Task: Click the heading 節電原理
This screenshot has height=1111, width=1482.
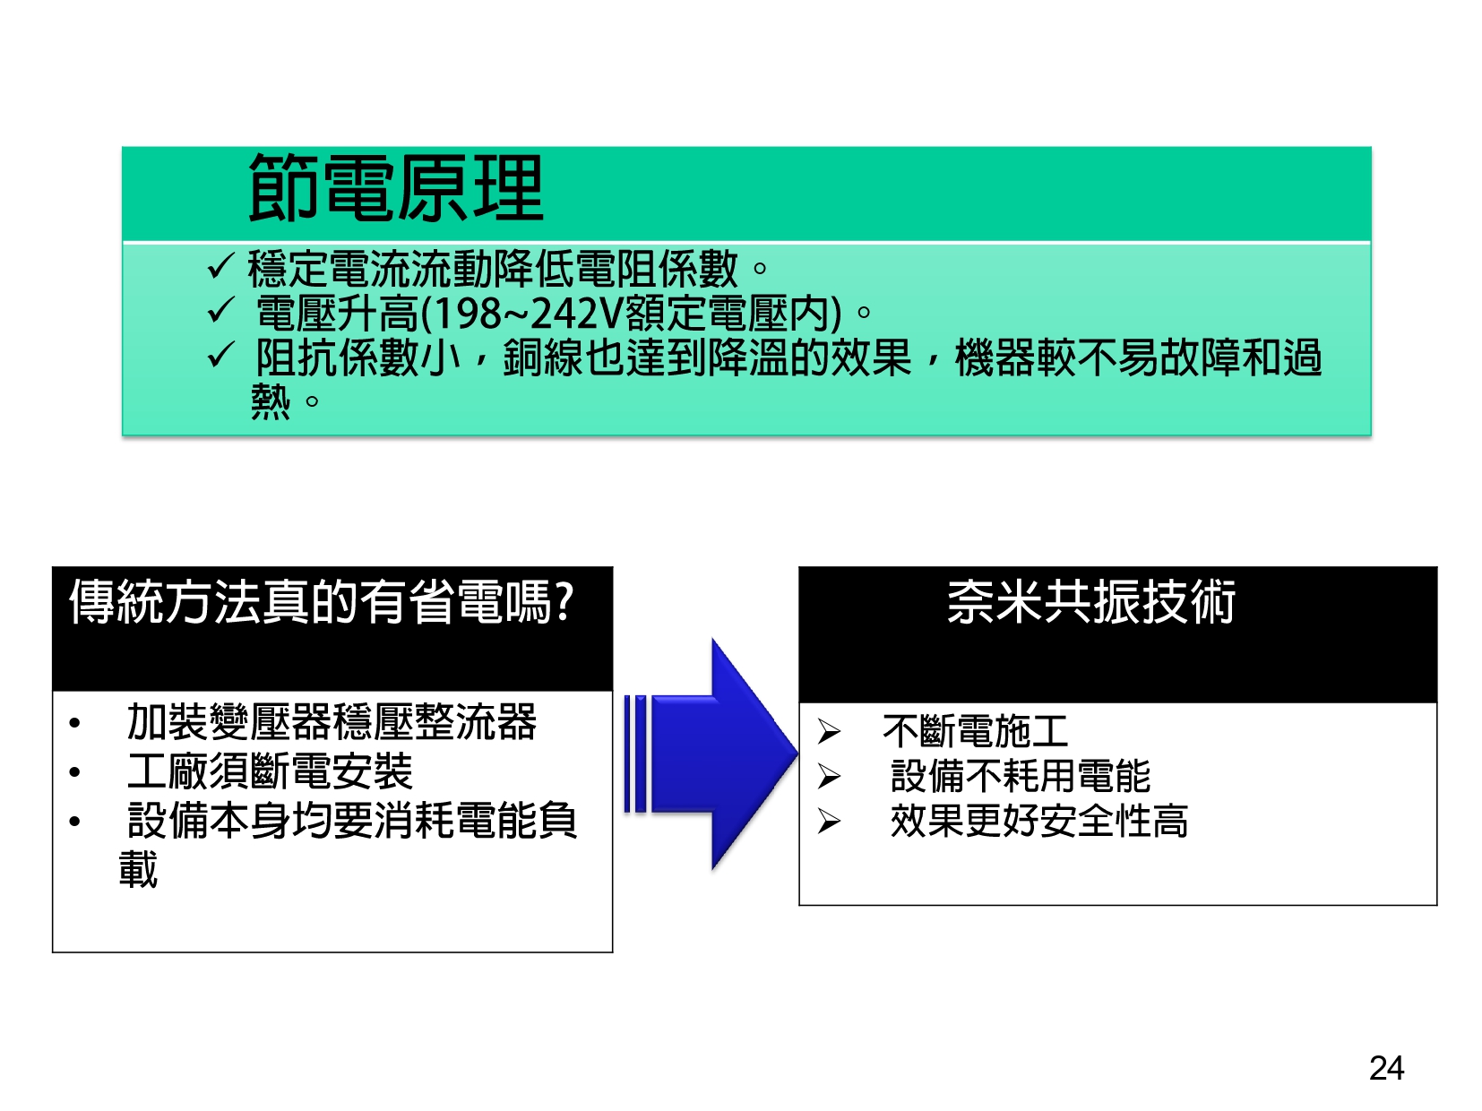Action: [x=396, y=187]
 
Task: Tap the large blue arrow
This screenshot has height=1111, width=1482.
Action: [x=711, y=754]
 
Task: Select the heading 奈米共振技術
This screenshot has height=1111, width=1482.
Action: [x=1091, y=602]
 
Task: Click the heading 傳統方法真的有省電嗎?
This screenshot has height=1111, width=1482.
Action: [x=322, y=602]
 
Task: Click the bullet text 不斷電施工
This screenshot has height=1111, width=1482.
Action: [x=975, y=732]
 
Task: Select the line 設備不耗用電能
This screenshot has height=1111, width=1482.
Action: [x=1021, y=776]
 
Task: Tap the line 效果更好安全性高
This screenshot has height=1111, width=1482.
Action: [x=1039, y=822]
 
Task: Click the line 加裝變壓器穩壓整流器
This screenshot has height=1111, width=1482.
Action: [x=332, y=722]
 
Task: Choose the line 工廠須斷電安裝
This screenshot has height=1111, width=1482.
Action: [x=270, y=771]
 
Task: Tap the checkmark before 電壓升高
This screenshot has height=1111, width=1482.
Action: [x=220, y=310]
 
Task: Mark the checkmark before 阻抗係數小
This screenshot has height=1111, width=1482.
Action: [x=220, y=355]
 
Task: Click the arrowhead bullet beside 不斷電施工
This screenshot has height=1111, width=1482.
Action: [x=829, y=732]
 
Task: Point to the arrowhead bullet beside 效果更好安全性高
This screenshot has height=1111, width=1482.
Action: [x=829, y=822]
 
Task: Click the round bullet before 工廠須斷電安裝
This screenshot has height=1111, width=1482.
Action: [x=74, y=772]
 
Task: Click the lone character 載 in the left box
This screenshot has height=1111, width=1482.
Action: [x=138, y=870]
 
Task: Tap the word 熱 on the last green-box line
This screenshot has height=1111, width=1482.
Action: [x=271, y=402]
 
